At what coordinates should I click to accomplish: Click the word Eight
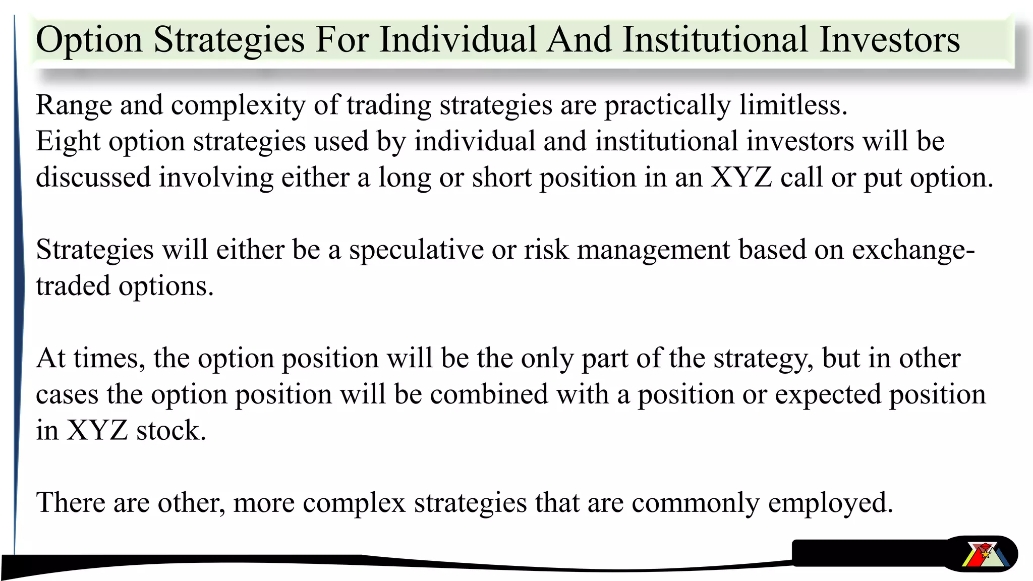[x=68, y=141]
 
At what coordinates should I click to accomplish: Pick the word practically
[x=667, y=106]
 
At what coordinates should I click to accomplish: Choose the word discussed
[x=93, y=178]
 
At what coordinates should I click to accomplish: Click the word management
[x=653, y=250]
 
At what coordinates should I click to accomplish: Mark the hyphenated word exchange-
[x=913, y=250]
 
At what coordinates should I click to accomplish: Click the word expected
[x=828, y=394]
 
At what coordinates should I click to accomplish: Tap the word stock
[x=171, y=431]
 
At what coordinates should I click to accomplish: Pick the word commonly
[x=695, y=503]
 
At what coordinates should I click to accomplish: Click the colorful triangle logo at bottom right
[x=984, y=554]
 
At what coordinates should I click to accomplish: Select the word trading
[x=388, y=106]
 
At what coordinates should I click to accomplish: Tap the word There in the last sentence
[x=71, y=503]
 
